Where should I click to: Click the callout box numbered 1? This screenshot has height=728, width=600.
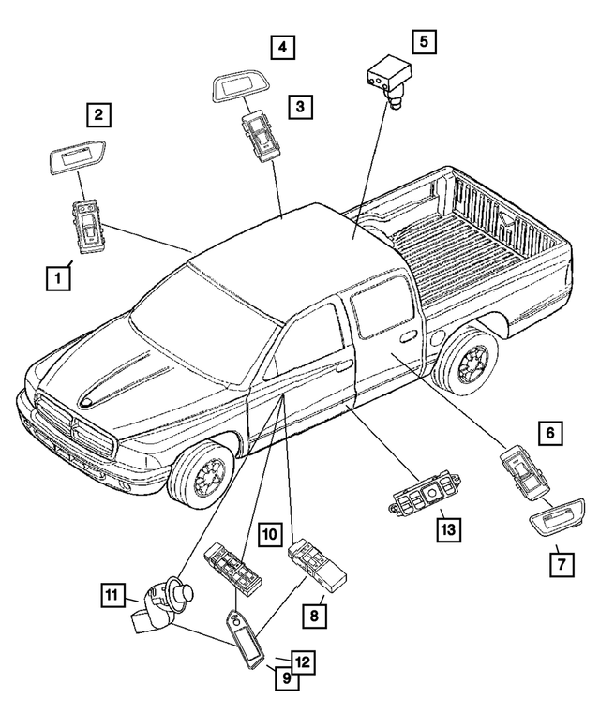point(58,277)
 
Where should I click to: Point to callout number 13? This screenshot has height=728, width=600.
point(447,529)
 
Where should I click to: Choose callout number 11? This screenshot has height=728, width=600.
point(115,593)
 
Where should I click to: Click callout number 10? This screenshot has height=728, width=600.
point(270,535)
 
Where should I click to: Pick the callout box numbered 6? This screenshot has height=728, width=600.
point(551,433)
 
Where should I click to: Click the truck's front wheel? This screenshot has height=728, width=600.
point(202,477)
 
